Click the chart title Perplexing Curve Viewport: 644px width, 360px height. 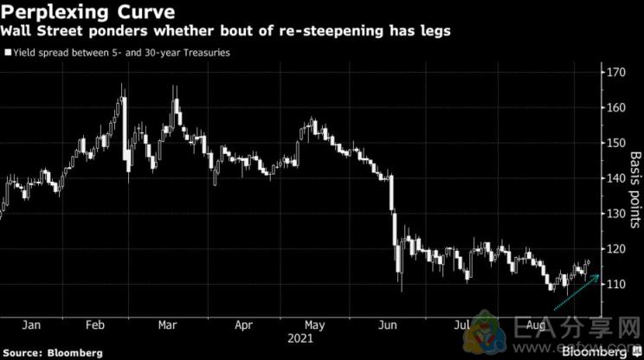[x=80, y=12]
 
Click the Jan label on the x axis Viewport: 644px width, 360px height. [x=31, y=326]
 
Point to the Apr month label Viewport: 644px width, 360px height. [x=245, y=326]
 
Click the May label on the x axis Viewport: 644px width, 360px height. [x=317, y=326]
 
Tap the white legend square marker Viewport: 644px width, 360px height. [x=8, y=53]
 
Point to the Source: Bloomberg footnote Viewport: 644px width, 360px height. [x=53, y=353]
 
